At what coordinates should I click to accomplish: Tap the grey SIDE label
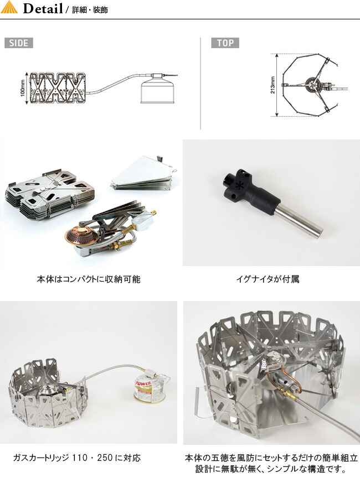point(19,43)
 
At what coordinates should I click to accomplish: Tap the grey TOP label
point(225,43)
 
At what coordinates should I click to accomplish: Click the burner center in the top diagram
point(311,85)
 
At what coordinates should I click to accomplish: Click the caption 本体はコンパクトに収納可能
point(89,279)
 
